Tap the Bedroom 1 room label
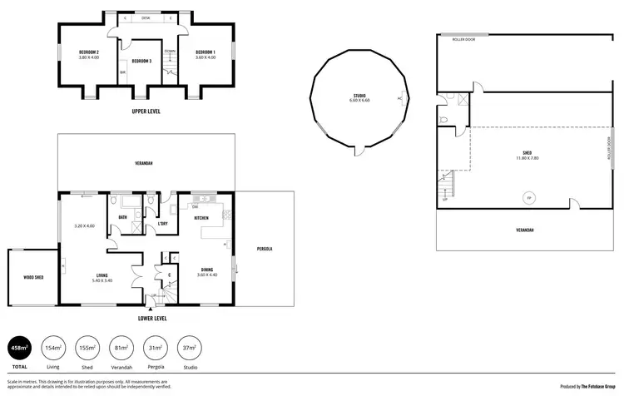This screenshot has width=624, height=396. [205, 54]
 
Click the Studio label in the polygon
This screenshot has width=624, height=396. [359, 97]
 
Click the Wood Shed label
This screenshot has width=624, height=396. [34, 277]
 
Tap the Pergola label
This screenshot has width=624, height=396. [264, 249]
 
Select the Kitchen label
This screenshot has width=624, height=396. [202, 217]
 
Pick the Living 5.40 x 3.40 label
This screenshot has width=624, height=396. [102, 278]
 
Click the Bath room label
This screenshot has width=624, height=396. [122, 217]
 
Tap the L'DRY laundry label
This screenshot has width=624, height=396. [163, 223]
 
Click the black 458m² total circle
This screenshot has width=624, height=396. [18, 349]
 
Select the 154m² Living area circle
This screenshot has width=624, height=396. [52, 349]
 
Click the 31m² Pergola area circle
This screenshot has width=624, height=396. [154, 349]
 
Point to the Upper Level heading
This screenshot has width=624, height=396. [146, 111]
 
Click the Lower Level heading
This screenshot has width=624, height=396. [151, 318]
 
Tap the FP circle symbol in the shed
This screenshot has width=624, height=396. [527, 197]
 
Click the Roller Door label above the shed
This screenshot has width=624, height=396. [463, 39]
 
